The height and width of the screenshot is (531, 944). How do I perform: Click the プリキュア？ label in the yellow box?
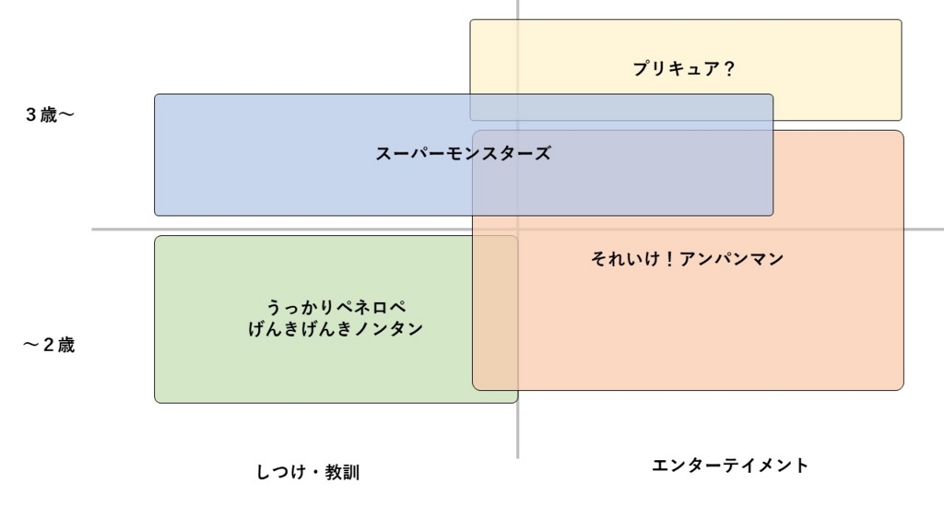click(x=684, y=68)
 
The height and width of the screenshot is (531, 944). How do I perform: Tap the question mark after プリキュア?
click(x=729, y=68)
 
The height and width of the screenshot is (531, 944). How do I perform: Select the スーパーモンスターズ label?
click(x=463, y=154)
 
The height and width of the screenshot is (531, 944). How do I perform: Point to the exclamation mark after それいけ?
click(x=669, y=259)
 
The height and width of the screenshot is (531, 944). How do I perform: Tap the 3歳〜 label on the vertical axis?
click(x=49, y=115)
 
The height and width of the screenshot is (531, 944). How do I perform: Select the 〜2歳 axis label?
click(x=49, y=346)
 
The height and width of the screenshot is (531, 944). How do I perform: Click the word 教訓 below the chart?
click(x=342, y=473)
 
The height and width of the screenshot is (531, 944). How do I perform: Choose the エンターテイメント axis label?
click(x=730, y=466)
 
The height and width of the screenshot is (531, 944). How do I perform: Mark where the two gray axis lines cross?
click(x=517, y=230)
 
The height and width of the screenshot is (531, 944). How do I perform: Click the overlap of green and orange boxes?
click(x=495, y=313)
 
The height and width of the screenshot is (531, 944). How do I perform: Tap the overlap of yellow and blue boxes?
click(x=621, y=107)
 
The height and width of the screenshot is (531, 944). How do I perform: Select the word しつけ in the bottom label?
click(x=278, y=473)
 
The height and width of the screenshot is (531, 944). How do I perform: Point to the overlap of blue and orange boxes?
click(x=622, y=175)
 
